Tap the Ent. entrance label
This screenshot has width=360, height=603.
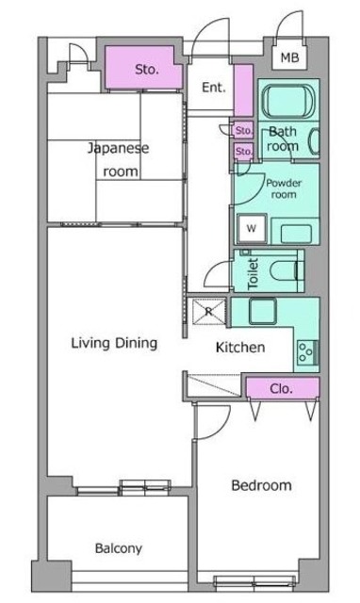[x=212, y=88]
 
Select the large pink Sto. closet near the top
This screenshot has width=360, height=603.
[x=145, y=69]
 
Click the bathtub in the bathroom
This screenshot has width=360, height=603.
[x=287, y=100]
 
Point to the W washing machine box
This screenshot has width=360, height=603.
[x=252, y=227]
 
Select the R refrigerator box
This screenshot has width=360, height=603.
[x=207, y=310]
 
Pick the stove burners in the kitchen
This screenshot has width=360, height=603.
[x=306, y=353]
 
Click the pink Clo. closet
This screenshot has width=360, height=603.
[x=281, y=387]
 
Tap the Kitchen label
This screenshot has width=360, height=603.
[x=240, y=348]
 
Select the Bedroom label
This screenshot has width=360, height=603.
[x=261, y=486]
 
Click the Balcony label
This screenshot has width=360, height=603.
[x=118, y=548]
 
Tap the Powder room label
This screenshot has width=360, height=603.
[x=283, y=188]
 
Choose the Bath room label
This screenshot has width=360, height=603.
[x=284, y=139]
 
